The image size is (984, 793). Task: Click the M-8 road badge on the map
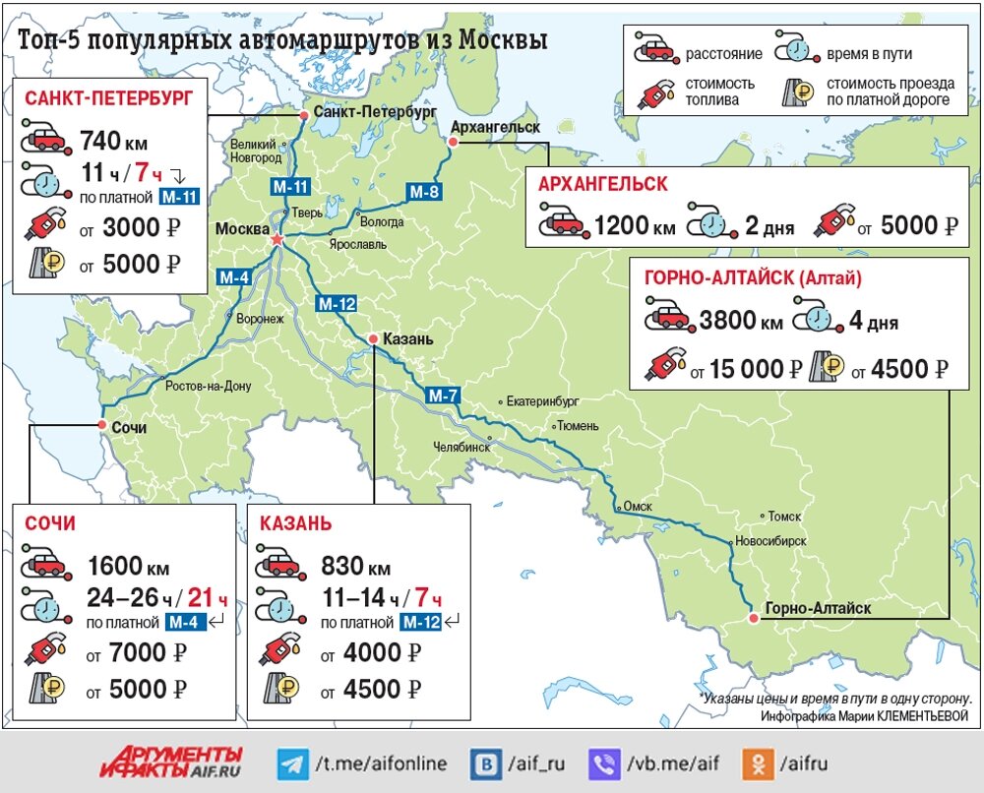(423, 192)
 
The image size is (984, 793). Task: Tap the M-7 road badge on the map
(443, 396)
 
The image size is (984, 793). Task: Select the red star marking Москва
(277, 239)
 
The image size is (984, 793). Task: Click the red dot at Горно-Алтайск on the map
(753, 618)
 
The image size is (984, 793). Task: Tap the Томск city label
(785, 516)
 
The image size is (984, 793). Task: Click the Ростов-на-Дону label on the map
(208, 386)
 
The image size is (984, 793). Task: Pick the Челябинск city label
(461, 446)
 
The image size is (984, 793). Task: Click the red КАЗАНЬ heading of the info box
(296, 523)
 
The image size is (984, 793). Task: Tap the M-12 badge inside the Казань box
(421, 622)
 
